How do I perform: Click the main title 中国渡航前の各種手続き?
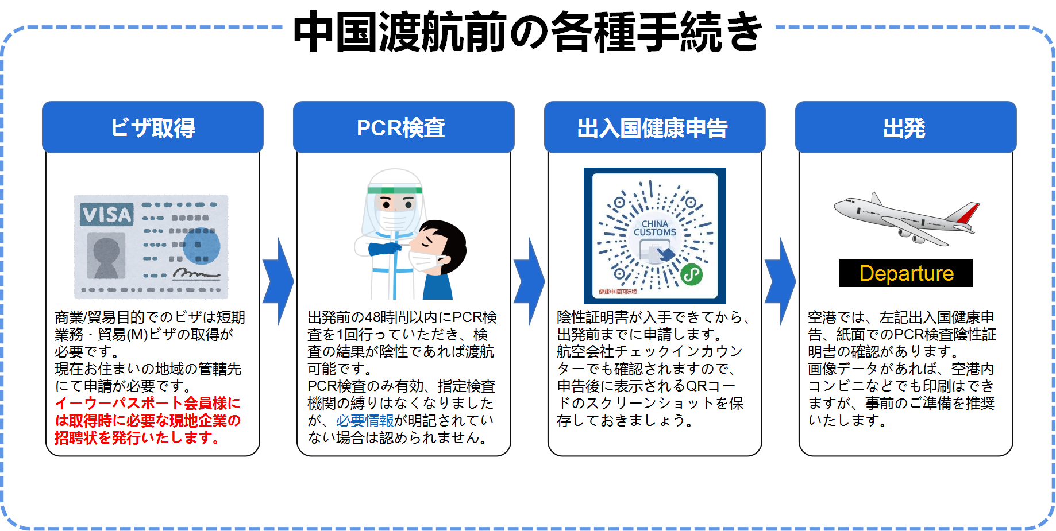point(527,32)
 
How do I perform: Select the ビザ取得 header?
point(153,127)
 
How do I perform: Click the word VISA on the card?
point(107,215)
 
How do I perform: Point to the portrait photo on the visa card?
point(106,257)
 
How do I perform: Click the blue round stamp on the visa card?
point(202,246)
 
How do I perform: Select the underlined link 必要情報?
point(365,421)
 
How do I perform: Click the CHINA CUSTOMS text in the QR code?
point(655,228)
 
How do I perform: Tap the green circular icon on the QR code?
point(692,275)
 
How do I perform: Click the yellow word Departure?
point(907,273)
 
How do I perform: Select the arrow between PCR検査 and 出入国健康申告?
point(529,281)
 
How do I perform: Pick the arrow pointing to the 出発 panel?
point(780,281)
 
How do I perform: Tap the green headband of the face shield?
point(395,190)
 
